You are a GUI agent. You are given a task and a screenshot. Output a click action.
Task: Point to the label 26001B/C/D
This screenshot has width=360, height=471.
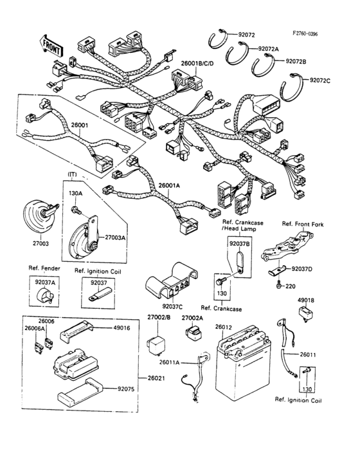click(x=200, y=63)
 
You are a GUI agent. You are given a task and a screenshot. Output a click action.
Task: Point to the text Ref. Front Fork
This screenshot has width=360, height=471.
click(x=302, y=224)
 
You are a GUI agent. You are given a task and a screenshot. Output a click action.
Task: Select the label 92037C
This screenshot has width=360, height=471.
click(x=173, y=308)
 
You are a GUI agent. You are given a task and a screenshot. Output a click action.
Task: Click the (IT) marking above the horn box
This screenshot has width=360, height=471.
click(x=73, y=175)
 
